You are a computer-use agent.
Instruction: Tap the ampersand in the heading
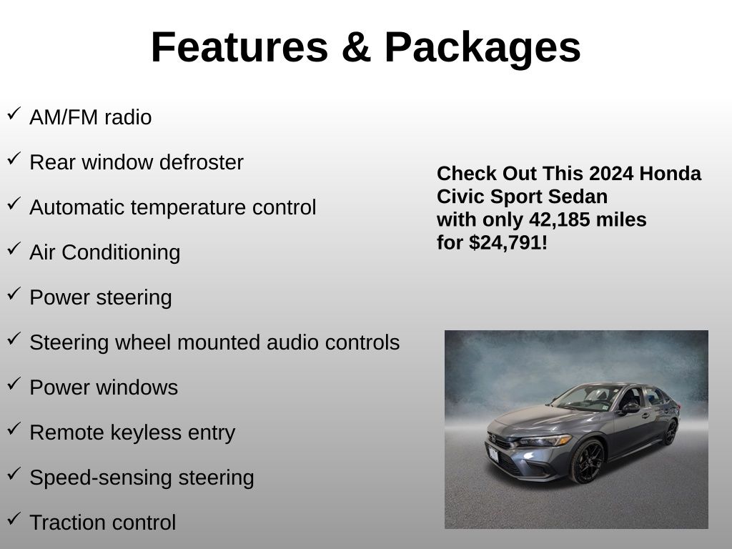[356, 47]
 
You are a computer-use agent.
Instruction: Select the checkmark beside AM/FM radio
[14, 114]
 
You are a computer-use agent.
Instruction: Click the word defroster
[201, 162]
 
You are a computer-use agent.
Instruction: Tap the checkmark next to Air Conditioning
[14, 248]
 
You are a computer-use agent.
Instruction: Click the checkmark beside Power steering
[14, 293]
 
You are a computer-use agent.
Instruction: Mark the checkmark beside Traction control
[14, 518]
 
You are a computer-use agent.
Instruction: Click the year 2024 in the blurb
[611, 173]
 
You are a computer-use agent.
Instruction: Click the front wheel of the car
[588, 461]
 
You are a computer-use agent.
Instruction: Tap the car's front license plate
[493, 454]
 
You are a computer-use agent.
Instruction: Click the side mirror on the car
[630, 407]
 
